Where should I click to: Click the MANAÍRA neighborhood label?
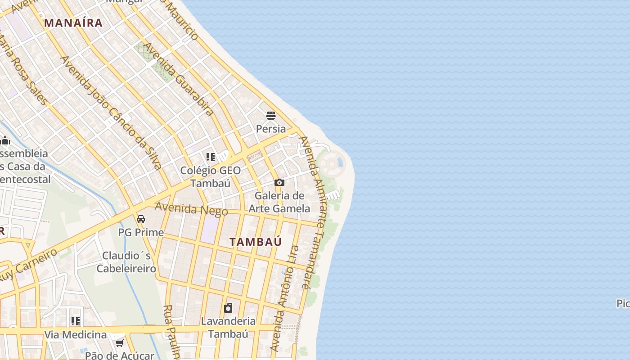[73, 23]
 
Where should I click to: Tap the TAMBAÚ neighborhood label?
[256, 242]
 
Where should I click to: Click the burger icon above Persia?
[270, 116]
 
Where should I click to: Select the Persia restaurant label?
[270, 129]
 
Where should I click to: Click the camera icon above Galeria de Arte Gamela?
[279, 182]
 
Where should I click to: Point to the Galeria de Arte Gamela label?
[279, 202]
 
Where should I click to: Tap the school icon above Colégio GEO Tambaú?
[210, 157]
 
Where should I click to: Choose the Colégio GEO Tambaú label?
[211, 177]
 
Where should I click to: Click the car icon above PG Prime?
[141, 219]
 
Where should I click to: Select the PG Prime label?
[141, 232]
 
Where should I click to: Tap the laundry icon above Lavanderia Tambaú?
[228, 308]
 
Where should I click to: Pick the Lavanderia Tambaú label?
[228, 328]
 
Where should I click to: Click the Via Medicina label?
[76, 335]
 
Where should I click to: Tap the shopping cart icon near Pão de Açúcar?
[119, 343]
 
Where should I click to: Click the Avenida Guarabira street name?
[178, 79]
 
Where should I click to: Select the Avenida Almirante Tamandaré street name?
[311, 211]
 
